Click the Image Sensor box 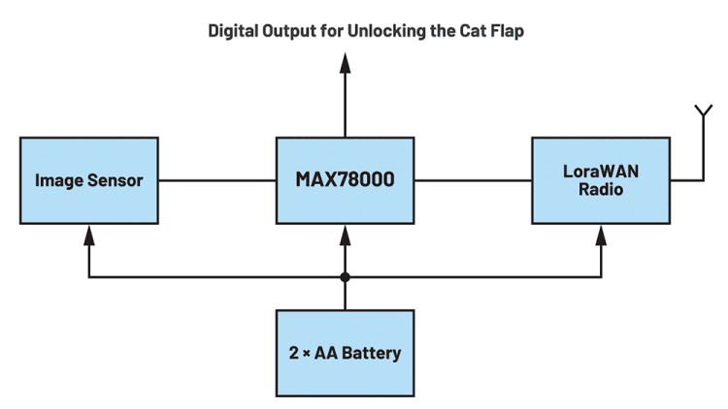pos(89,179)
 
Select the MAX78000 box pos(345,179)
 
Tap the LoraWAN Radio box pos(601,179)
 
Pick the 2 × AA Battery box pos(345,352)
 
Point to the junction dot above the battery pos(345,278)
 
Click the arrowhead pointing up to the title pos(345,63)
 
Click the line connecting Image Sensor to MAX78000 pos(216,179)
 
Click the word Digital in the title pos(233,31)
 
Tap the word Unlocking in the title pos(416,31)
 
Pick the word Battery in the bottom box pos(371,353)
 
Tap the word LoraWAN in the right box pos(601,171)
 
